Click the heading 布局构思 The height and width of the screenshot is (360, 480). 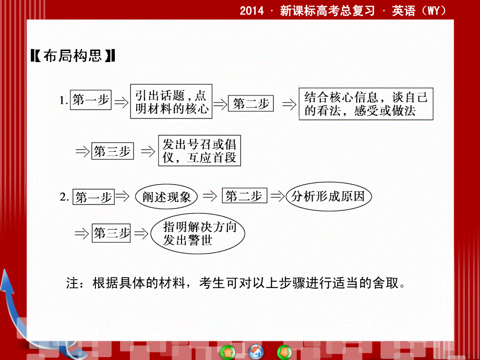[x=73, y=56]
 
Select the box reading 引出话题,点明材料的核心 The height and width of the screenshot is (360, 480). [x=171, y=102]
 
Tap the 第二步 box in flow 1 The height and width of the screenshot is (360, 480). [x=251, y=104]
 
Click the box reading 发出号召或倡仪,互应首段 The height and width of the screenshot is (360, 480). [x=199, y=151]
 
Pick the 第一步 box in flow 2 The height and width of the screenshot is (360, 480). [x=93, y=197]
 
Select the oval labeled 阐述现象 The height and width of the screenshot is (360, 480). [x=166, y=197]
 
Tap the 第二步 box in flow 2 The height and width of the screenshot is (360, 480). [x=244, y=196]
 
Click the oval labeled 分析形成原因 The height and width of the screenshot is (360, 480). [x=332, y=196]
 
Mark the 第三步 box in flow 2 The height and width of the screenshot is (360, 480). [x=111, y=233]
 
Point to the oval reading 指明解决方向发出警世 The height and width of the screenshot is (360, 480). [x=196, y=234]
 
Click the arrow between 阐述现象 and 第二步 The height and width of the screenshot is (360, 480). [x=209, y=197]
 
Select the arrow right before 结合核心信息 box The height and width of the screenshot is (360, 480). [x=289, y=104]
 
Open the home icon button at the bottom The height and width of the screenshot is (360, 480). [x=256, y=351]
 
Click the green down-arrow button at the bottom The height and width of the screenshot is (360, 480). [x=283, y=351]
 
